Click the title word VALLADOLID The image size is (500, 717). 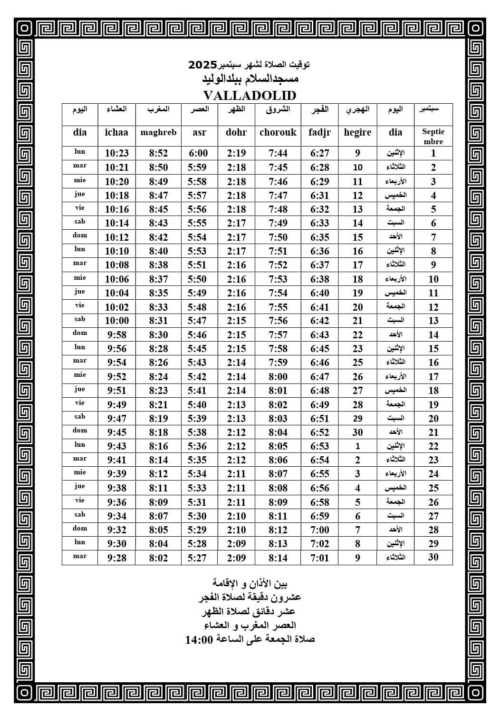(x=250, y=95)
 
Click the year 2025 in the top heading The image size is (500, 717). (x=203, y=64)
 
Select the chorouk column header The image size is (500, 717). (x=278, y=132)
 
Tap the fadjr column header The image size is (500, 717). (x=319, y=132)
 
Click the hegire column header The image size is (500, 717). (x=357, y=132)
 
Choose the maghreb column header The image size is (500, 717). (x=158, y=132)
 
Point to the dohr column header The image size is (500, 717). (x=236, y=132)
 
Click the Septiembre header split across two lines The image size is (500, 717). (x=433, y=137)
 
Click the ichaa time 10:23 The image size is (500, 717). (x=116, y=153)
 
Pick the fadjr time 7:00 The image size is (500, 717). (x=319, y=530)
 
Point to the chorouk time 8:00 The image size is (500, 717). (x=278, y=377)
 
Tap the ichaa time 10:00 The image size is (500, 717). (x=116, y=321)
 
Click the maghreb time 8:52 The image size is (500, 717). (x=158, y=153)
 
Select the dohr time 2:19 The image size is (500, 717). (x=236, y=153)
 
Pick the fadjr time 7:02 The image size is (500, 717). (x=319, y=544)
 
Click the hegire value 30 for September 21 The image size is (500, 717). (x=357, y=432)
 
